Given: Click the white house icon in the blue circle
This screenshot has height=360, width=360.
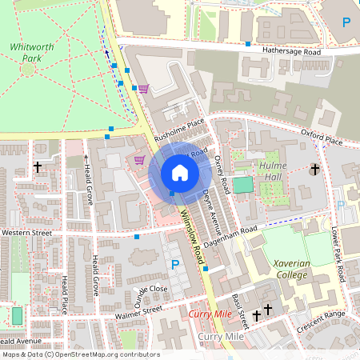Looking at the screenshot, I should tap(179, 172).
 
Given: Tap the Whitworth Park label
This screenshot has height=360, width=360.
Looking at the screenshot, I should tap(32, 53).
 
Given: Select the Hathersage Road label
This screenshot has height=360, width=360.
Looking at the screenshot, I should tap(291, 52).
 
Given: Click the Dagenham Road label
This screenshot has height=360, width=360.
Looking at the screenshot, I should tap(232, 236).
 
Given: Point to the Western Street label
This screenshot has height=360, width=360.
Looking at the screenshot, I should tap(26, 233).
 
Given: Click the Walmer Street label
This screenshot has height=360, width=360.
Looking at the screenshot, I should tap(141, 312).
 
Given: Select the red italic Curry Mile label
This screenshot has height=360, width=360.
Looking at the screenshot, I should tap(210, 314).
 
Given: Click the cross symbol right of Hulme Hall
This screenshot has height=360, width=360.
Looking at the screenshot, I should tap(314, 170).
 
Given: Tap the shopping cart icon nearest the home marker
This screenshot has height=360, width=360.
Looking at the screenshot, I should tap(139, 160).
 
